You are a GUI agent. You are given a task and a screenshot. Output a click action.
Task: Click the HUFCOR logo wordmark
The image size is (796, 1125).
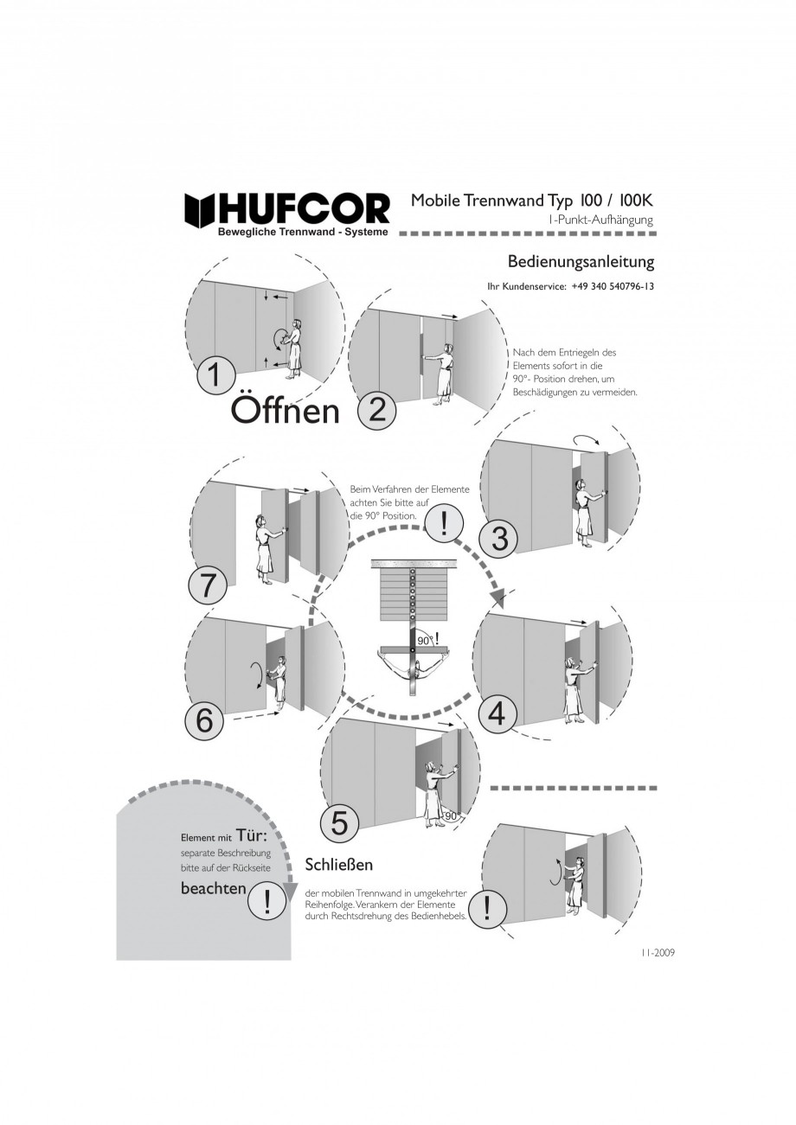pyautogui.click(x=287, y=209)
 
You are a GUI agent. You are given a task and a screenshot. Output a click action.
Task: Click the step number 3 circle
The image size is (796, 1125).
pyautogui.click(x=499, y=540)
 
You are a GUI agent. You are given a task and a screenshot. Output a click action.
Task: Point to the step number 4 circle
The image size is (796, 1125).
pyautogui.click(x=496, y=713)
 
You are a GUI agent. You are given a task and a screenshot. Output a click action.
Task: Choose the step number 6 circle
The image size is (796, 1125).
pyautogui.click(x=204, y=722)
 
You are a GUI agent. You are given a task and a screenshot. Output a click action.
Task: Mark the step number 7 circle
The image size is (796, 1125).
pyautogui.click(x=208, y=588)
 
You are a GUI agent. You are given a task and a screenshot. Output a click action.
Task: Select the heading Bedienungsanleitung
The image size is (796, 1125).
pyautogui.click(x=581, y=262)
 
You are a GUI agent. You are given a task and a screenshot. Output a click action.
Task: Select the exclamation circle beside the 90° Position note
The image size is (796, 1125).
pyautogui.click(x=443, y=523)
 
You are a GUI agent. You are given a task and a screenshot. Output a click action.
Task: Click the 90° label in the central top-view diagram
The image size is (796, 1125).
pyautogui.click(x=425, y=641)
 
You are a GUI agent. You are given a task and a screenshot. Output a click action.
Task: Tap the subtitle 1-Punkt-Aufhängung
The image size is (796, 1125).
pyautogui.click(x=601, y=220)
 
